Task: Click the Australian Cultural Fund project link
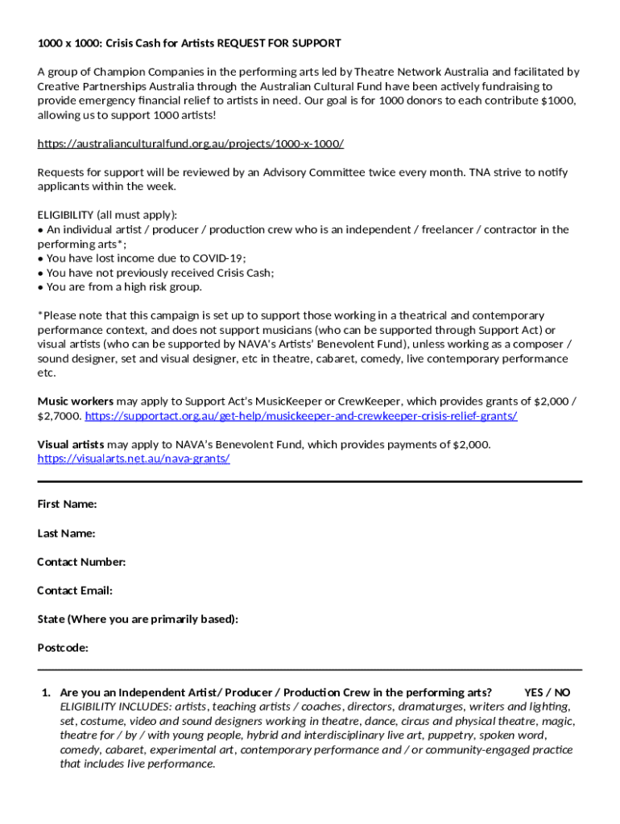191,143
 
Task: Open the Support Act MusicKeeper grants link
300,416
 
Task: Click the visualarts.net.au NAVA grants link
134,459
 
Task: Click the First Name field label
67,504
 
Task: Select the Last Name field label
66,533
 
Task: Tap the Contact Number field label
81,562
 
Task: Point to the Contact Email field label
75,591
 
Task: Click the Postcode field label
63,648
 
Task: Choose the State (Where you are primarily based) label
138,619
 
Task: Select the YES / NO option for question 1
547,692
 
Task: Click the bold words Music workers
76,401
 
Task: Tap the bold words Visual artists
71,444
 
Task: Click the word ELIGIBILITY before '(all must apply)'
65,215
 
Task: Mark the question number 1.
46,692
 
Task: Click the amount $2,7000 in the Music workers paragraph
59,416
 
